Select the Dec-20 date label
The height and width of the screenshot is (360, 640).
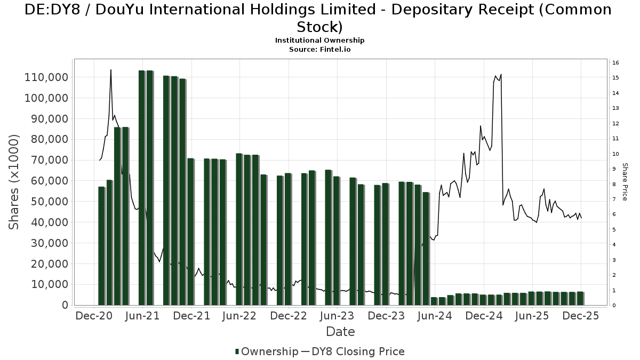(x=93, y=316)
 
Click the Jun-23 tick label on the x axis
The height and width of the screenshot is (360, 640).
(x=337, y=316)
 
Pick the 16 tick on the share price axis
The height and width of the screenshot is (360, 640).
(x=615, y=63)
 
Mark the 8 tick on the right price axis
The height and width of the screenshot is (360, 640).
(x=615, y=185)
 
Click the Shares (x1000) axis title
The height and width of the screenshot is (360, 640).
(x=14, y=182)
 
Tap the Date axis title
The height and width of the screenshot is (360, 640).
(x=340, y=332)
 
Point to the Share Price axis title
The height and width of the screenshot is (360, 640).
(x=625, y=182)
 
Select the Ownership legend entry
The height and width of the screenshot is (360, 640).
(x=267, y=351)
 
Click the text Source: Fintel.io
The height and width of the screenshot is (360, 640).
(x=320, y=49)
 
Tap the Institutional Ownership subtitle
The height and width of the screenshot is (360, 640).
(x=320, y=41)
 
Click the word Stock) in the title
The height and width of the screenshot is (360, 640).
(x=320, y=27)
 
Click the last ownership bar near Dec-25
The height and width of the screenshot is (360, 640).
(x=580, y=298)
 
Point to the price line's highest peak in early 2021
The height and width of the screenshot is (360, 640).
(x=110, y=69)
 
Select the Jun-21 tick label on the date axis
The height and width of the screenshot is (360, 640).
(x=142, y=316)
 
